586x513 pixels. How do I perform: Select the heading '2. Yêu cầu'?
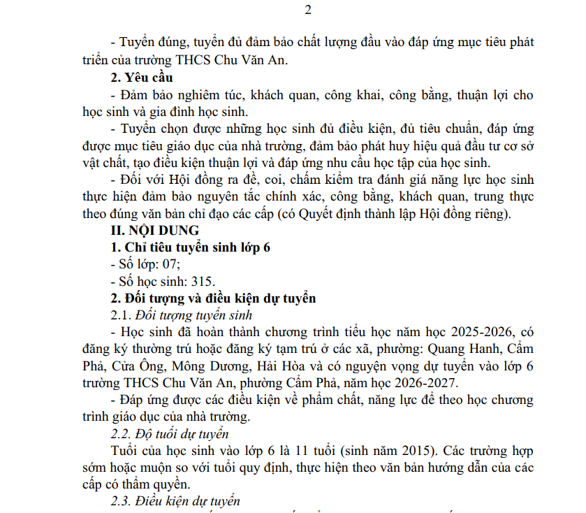(142, 77)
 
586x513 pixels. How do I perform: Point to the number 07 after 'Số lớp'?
(171, 264)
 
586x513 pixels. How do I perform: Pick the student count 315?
(203, 282)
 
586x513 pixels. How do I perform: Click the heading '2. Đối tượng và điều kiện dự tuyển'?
(214, 298)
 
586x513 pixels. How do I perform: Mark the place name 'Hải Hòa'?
(281, 366)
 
